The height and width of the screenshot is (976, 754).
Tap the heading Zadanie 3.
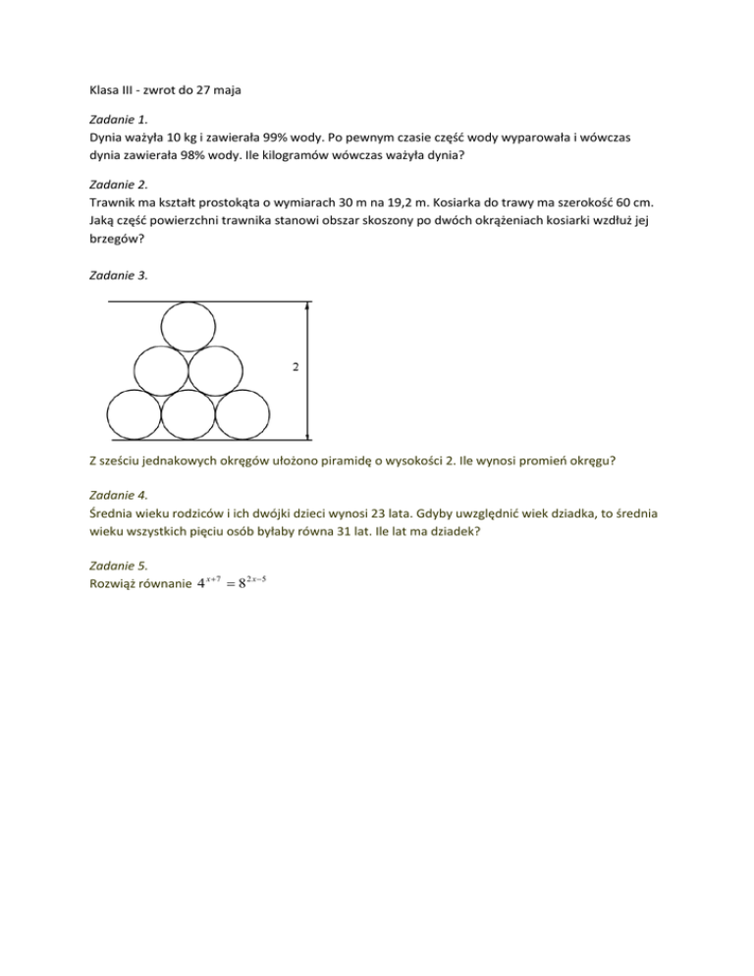pos(116,276)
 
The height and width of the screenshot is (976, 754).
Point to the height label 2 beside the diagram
pos(294,367)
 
